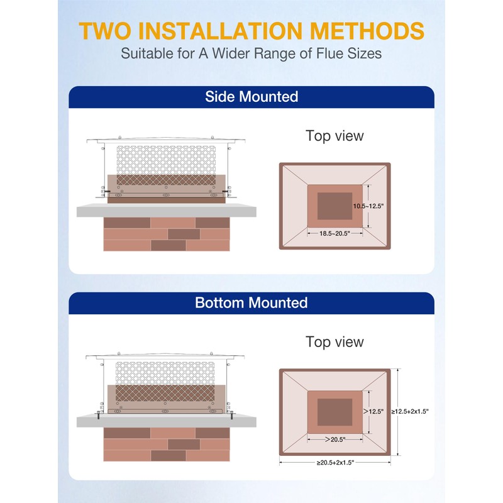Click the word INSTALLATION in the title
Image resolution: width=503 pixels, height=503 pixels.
click(x=220, y=31)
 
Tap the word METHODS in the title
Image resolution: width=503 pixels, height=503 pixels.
click(x=367, y=31)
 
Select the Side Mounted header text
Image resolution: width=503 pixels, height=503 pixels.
click(x=251, y=97)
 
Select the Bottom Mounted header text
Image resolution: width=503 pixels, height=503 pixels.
click(x=251, y=302)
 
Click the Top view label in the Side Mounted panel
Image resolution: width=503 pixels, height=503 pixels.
click(x=334, y=136)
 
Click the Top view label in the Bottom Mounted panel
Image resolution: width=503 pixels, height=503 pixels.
click(x=334, y=341)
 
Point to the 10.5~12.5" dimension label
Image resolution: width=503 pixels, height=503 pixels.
click(x=368, y=206)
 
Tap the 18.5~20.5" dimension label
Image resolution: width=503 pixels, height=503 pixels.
click(x=334, y=233)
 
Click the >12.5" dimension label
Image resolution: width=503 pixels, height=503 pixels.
click(x=373, y=411)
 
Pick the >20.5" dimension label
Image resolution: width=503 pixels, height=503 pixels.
click(x=335, y=439)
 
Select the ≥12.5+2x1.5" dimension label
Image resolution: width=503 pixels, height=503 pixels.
click(x=410, y=411)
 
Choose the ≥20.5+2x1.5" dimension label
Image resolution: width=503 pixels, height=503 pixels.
click(x=335, y=463)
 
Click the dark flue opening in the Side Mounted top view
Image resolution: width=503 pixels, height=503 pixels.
click(x=335, y=206)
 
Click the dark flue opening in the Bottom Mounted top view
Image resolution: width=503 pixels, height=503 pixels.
click(x=335, y=412)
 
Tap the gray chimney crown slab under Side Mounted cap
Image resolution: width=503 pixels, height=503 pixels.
click(x=166, y=211)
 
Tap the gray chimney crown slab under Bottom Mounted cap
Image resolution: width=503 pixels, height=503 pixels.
click(x=166, y=421)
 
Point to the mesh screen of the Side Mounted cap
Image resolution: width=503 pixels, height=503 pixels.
click(x=166, y=165)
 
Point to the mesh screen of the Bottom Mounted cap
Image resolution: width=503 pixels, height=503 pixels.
click(x=165, y=382)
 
